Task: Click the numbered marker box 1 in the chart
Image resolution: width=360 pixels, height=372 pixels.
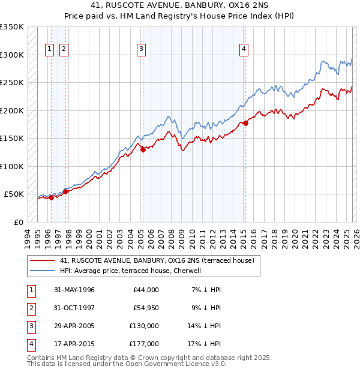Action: (x=49, y=49)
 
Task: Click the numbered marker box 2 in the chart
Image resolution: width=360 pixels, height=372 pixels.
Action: (x=64, y=49)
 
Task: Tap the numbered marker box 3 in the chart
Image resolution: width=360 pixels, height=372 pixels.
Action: (x=141, y=49)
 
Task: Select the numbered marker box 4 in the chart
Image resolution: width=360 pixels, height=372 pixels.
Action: (x=244, y=49)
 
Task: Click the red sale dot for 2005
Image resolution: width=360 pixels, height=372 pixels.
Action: (x=143, y=150)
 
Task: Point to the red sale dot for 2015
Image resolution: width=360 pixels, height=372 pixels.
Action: (x=245, y=124)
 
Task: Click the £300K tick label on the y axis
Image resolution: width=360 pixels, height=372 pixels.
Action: (x=12, y=55)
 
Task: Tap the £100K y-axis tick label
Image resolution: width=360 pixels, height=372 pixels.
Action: (x=12, y=166)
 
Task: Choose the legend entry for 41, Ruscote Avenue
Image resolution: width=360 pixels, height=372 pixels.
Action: (x=157, y=260)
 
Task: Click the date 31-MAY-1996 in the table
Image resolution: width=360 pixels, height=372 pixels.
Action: (x=74, y=290)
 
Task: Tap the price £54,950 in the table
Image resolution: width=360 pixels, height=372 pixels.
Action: (x=146, y=308)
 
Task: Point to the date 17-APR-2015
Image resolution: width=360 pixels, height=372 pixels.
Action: (x=74, y=344)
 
